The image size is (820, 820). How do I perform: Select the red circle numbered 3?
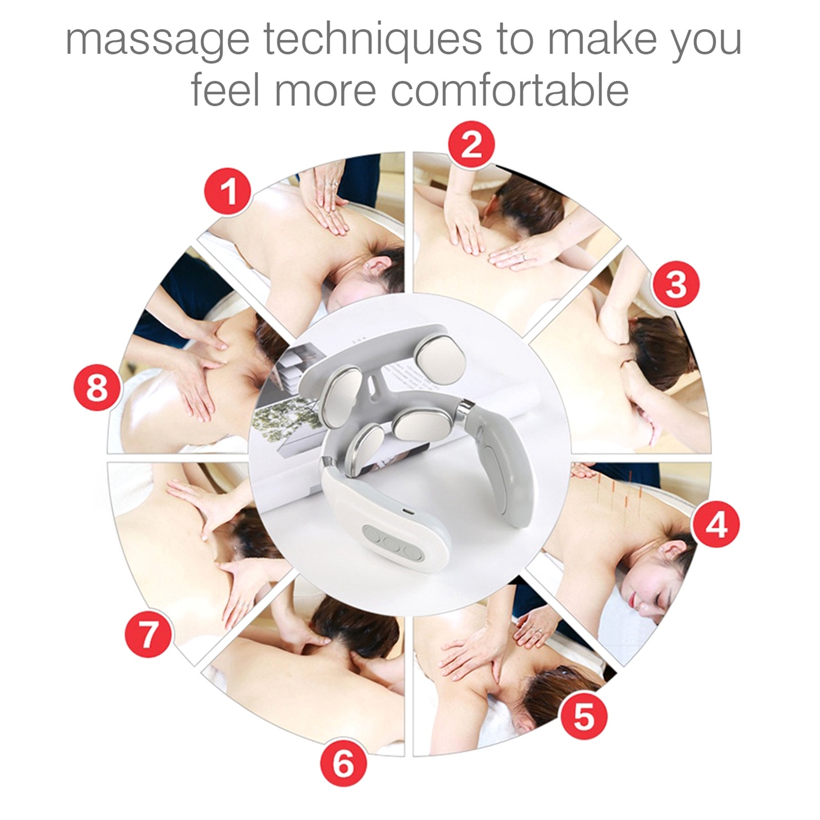[675, 283]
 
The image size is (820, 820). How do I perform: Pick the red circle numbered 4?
[716, 524]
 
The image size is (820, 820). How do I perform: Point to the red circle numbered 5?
[583, 716]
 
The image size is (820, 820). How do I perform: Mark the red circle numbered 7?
[148, 635]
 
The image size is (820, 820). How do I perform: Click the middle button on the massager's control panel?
[392, 545]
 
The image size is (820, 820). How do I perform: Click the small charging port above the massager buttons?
[405, 512]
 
